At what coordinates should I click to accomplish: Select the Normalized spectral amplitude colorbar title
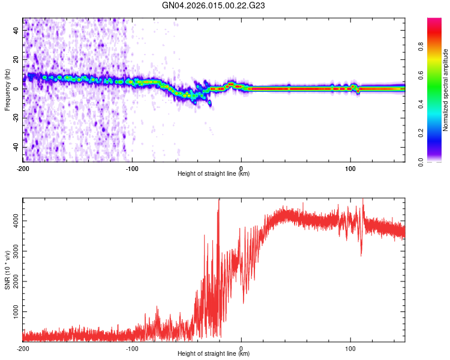[445, 90]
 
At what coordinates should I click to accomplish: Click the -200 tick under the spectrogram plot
[23, 168]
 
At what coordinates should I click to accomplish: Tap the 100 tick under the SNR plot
[350, 348]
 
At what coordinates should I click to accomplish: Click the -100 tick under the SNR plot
[132, 348]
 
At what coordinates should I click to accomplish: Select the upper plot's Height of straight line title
[214, 174]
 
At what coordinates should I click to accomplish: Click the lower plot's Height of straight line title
[214, 354]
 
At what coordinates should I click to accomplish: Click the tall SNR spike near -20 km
[219, 201]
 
